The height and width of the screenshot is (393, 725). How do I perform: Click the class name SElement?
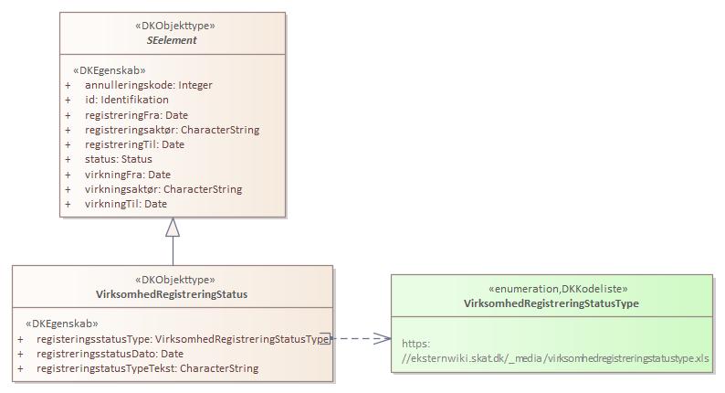tap(172, 40)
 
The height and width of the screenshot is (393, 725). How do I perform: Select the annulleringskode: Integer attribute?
tap(154, 85)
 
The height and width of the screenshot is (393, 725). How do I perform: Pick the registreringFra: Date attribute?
tap(135, 115)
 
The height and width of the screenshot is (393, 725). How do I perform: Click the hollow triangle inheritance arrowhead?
tap(173, 228)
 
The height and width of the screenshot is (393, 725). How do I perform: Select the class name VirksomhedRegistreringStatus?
tap(172, 294)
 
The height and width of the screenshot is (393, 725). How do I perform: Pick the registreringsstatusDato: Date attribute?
tap(110, 354)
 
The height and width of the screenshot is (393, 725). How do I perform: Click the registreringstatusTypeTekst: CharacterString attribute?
tap(147, 368)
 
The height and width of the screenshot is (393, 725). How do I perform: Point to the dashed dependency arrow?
tap(362, 338)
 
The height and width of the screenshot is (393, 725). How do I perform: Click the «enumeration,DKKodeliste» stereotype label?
tap(551, 288)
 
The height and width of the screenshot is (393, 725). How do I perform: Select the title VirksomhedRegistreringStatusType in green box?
tap(551, 303)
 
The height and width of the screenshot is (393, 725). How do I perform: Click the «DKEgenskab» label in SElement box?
tap(109, 69)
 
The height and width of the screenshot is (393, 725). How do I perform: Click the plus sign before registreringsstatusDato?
tap(21, 354)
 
